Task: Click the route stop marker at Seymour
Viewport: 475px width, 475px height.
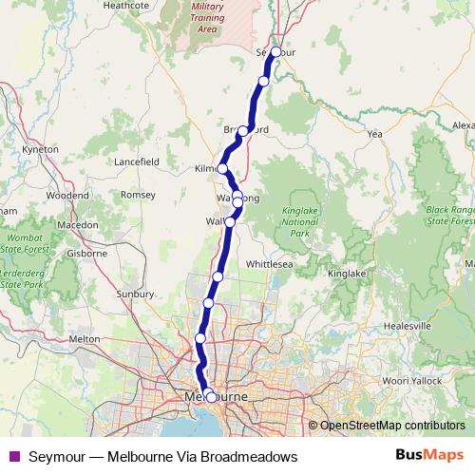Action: pos(276,52)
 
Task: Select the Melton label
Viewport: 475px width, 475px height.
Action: pos(85,338)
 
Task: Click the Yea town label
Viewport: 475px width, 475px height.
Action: pos(374,134)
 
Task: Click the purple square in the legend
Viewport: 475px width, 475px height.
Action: pos(13,456)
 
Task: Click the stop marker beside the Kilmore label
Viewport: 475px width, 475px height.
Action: pos(222,169)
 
